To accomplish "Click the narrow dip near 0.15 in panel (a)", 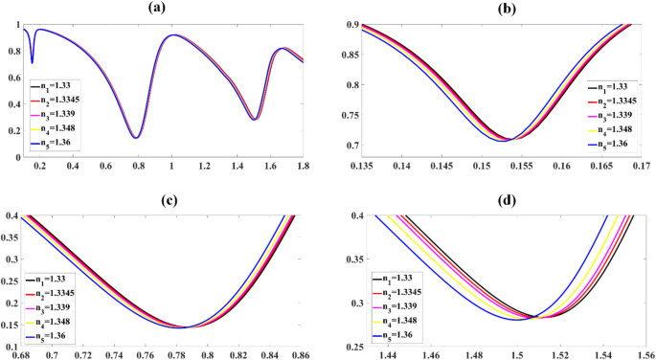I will tap(32, 62).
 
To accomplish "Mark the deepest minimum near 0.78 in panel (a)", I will tap(136, 138).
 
